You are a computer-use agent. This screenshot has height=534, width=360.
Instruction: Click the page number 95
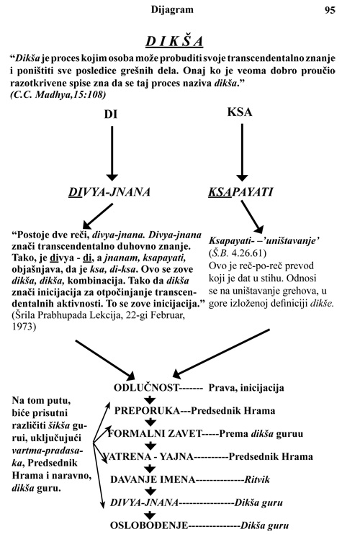330,10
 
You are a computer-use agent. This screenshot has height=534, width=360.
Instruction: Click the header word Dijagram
172,9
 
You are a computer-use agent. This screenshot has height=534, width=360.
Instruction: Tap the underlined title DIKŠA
174,42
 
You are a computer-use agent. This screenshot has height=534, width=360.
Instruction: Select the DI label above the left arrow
111,114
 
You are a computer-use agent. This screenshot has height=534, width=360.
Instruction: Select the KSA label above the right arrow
240,112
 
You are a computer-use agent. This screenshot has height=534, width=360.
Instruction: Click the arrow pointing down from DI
112,153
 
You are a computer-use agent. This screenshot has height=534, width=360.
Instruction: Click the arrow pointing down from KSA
242,153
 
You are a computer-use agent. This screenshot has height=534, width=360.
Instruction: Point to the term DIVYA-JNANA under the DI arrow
109,191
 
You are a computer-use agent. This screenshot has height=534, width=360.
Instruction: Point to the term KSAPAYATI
240,191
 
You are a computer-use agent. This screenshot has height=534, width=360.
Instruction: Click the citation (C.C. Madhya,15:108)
58,95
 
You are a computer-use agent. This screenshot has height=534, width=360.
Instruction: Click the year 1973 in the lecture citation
24,327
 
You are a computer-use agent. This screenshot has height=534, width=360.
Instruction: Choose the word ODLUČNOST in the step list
146,388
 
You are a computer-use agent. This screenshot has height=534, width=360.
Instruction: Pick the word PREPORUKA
147,410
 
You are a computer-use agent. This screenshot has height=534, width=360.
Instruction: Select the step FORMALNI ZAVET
155,433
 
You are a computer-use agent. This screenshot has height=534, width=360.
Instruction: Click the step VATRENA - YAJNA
148,456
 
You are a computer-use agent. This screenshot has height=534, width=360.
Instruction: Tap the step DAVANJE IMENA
153,479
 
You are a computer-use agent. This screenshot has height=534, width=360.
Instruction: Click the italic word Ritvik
257,479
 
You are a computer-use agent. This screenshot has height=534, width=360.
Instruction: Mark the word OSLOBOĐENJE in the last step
149,525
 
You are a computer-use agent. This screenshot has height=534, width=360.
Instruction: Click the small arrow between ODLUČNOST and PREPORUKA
150,399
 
